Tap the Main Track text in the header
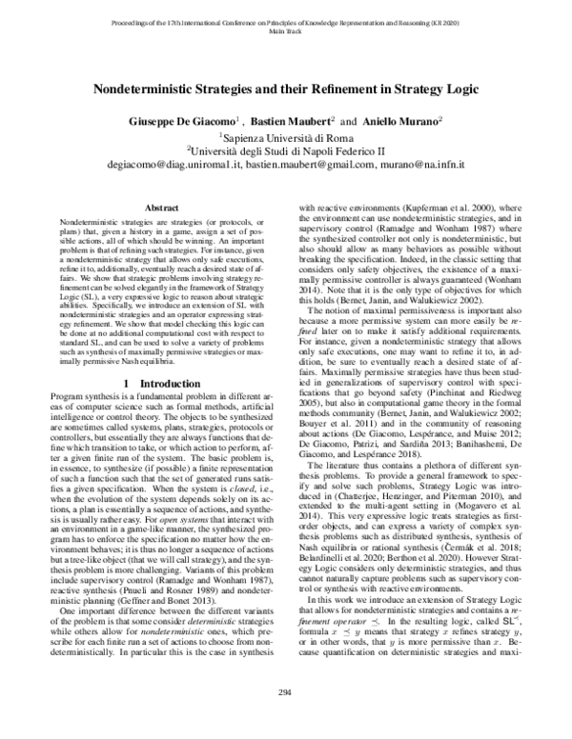(x=285, y=30)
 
